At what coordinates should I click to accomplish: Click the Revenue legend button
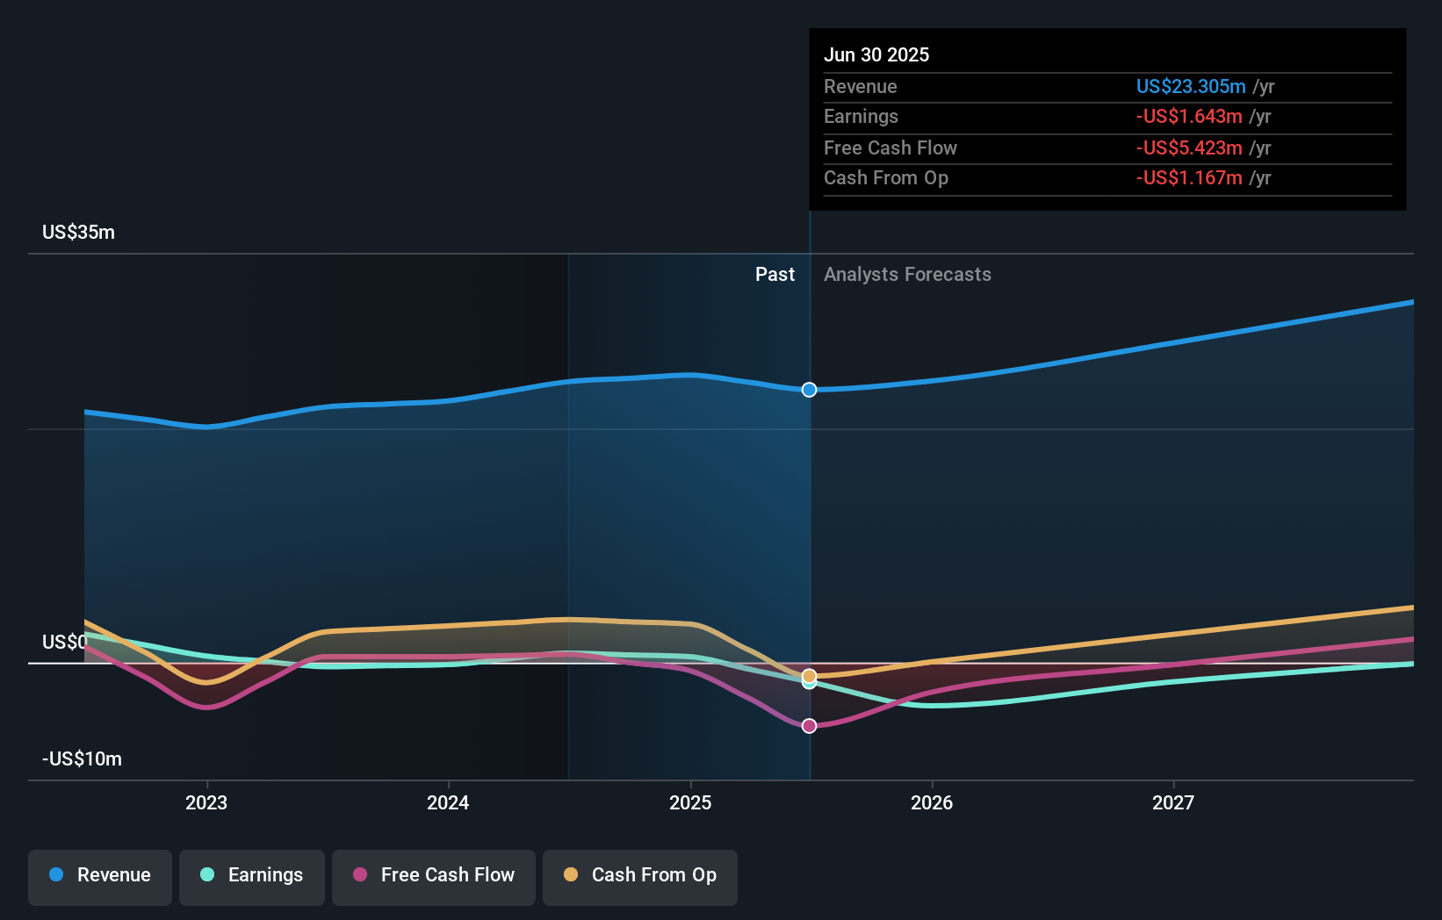(100, 875)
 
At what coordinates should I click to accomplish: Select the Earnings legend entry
(252, 875)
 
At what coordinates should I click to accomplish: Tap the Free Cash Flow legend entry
(434, 875)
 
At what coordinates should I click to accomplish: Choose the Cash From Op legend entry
(640, 875)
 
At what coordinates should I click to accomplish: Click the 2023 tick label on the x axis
(206, 802)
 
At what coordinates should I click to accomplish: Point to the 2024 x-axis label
(448, 802)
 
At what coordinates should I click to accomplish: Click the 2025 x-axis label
(690, 802)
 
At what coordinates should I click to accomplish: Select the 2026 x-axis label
(932, 802)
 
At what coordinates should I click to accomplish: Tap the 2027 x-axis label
(1173, 802)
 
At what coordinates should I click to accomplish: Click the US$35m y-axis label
(78, 233)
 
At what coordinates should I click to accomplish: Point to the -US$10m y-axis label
(82, 759)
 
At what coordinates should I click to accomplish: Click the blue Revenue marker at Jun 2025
(809, 390)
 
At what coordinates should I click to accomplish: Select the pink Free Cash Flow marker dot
(809, 726)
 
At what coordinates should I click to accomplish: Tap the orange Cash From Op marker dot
(809, 676)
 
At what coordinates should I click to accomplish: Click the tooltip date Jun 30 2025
(876, 54)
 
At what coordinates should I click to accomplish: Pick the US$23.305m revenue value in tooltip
(1190, 86)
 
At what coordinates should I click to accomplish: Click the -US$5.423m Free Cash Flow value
(1188, 147)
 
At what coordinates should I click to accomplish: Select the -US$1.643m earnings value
(1188, 116)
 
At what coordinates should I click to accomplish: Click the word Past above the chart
(775, 275)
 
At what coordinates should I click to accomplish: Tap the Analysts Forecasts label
(907, 275)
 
